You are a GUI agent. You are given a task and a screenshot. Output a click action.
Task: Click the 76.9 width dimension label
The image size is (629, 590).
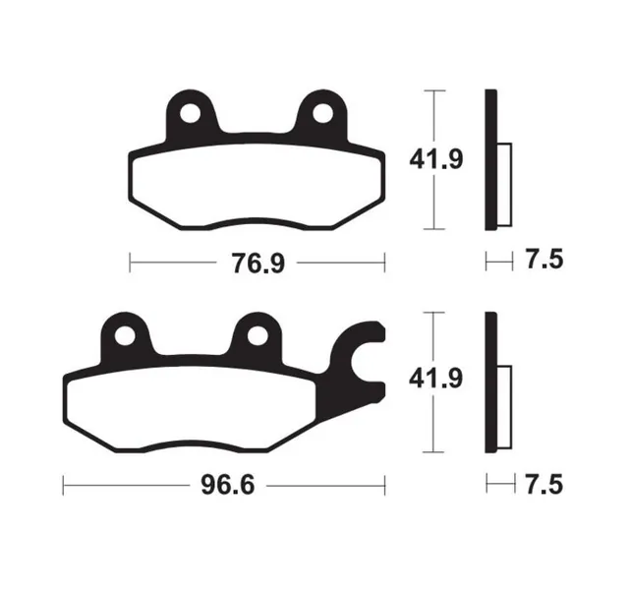[257, 264]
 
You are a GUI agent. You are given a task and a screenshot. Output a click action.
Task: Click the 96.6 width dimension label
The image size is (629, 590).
[228, 486]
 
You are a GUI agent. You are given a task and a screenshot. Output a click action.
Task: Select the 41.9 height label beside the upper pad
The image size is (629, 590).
[436, 159]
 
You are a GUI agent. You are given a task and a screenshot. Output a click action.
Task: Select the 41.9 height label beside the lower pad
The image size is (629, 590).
[435, 379]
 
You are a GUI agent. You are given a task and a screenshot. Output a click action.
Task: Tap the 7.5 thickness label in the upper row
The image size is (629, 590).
[544, 260]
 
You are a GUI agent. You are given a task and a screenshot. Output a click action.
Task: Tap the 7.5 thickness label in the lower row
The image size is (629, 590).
[544, 485]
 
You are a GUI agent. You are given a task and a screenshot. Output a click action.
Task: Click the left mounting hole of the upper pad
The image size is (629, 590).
[190, 114]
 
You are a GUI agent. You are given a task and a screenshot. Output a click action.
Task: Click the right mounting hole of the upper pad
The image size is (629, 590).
[322, 114]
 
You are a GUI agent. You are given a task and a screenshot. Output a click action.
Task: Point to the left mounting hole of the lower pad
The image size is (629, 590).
[125, 335]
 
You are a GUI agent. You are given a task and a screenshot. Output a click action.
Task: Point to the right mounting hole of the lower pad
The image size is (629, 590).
[257, 335]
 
